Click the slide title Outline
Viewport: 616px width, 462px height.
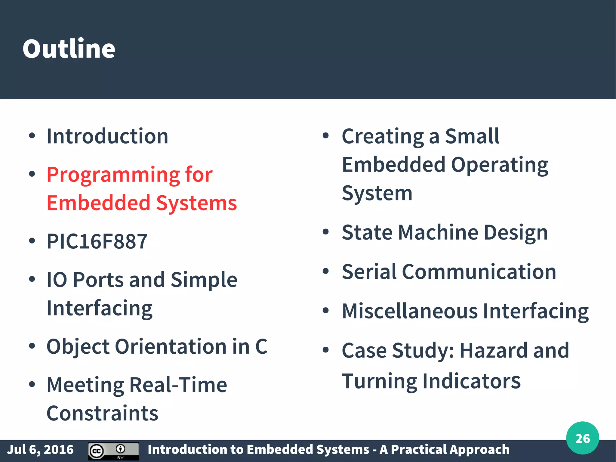69,49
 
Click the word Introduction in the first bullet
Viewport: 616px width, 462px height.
107,136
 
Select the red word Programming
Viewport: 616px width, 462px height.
113,175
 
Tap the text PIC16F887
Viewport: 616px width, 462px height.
97,241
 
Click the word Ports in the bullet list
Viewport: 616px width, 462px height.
98,280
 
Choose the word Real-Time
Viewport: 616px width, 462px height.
178,385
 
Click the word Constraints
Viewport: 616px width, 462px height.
102,413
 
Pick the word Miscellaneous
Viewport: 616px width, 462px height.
410,311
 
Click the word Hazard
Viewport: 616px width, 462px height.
493,350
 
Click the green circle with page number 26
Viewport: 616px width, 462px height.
582,438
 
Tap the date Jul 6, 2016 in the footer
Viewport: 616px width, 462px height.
40,450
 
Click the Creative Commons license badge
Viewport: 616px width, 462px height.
113,451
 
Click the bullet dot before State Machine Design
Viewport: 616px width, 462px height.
325,232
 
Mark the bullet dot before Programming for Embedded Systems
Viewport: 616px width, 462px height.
32,174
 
